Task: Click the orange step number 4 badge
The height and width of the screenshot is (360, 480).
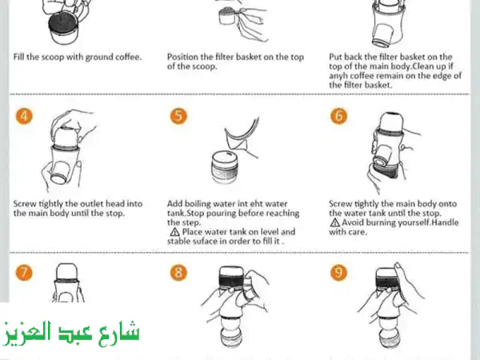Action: [26, 115]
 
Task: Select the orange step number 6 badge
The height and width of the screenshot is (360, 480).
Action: [339, 115]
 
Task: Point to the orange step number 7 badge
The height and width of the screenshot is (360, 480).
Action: [26, 272]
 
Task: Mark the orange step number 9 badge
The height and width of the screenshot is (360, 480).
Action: [339, 272]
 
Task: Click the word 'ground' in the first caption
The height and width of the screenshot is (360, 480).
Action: [89, 58]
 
